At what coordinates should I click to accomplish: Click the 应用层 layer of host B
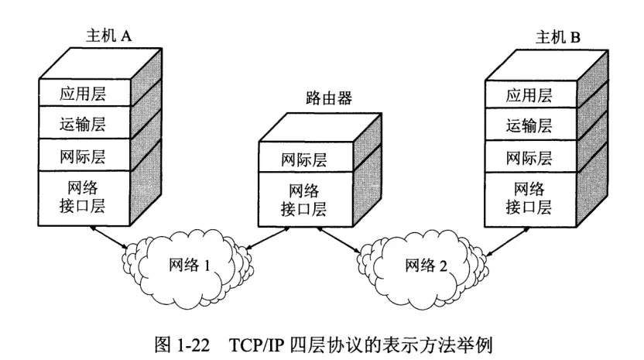click(529, 95)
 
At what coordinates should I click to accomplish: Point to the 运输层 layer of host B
click(529, 126)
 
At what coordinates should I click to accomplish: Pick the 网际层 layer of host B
click(529, 158)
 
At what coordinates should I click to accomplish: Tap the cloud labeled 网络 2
click(425, 266)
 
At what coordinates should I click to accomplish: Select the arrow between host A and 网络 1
click(108, 237)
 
